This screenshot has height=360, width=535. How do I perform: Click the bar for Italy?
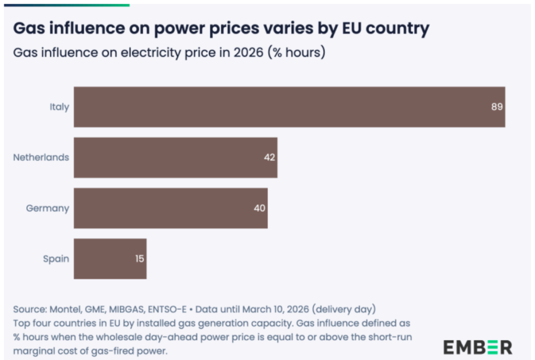288,107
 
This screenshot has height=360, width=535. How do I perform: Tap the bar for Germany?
170,208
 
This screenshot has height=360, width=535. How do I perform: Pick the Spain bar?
109,259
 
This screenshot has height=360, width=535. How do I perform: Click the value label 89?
497,107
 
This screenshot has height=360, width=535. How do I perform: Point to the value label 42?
269,157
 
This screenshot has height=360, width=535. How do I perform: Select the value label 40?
259,208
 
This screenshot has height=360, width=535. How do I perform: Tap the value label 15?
139,259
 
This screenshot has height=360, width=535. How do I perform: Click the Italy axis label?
59,107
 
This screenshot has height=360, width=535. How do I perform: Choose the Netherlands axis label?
41,157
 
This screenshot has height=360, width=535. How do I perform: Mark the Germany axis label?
47,208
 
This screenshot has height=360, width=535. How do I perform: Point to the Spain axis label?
56,259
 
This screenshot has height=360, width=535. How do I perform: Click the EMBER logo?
477,347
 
